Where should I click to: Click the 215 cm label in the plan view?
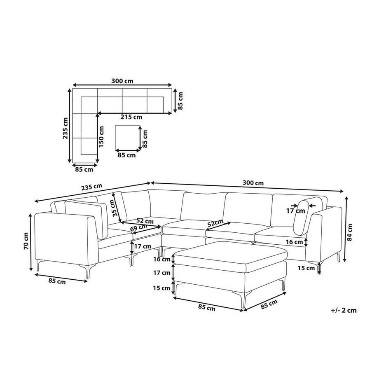(131, 117)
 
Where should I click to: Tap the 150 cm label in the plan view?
(101, 137)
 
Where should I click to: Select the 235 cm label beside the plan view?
(65, 129)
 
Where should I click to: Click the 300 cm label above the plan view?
(122, 81)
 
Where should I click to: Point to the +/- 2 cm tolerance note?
(344, 310)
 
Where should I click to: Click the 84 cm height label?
(349, 232)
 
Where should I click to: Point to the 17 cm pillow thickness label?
(296, 211)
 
